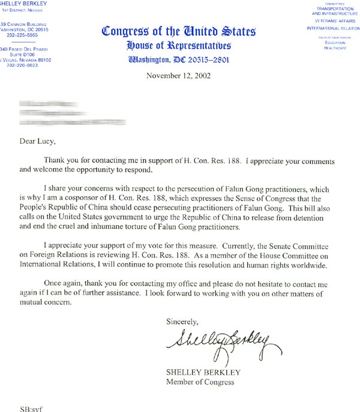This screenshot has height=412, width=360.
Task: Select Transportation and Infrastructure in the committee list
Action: coord(332,12)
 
